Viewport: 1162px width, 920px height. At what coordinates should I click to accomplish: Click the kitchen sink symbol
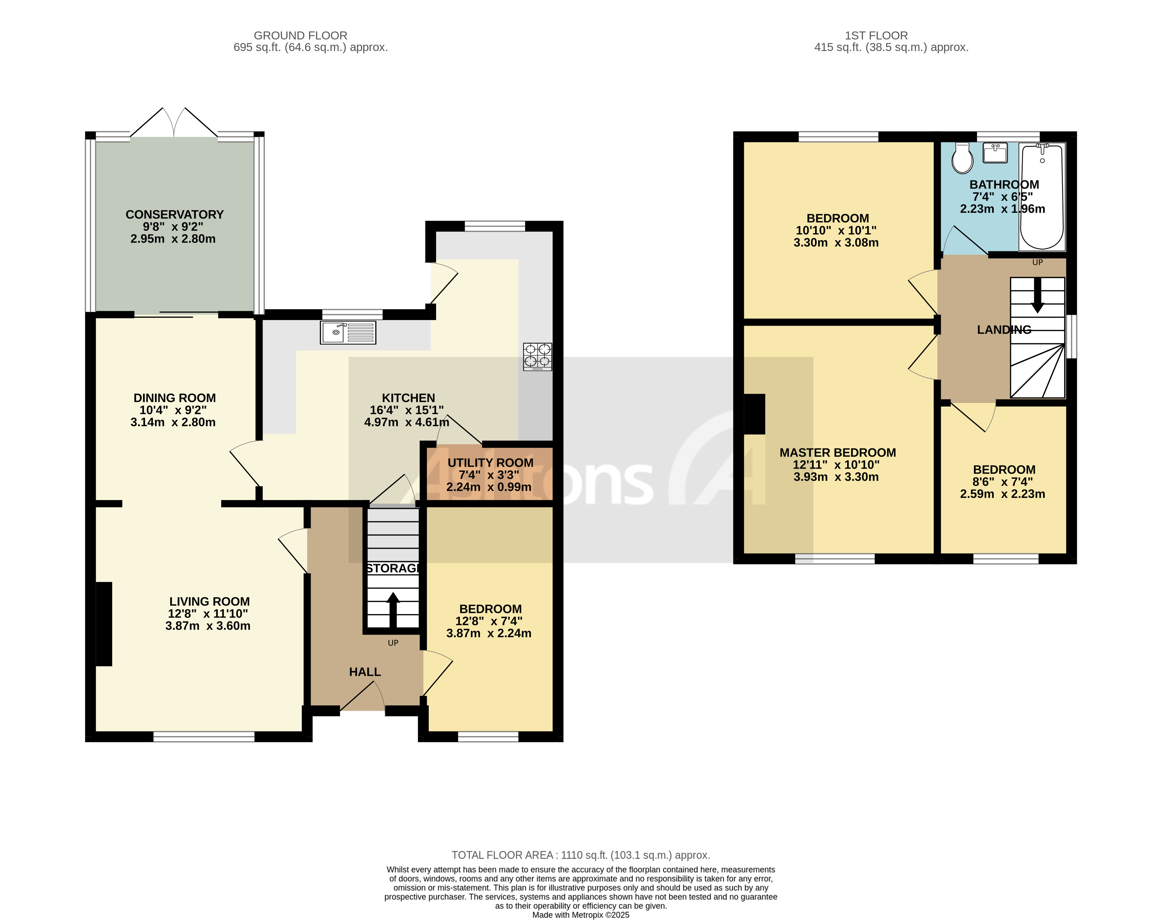point(348,332)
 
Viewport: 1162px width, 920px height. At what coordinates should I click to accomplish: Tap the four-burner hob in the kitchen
point(537,356)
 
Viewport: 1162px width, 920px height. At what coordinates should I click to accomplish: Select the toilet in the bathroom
point(962,158)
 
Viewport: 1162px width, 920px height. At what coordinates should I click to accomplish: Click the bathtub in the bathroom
point(1042,196)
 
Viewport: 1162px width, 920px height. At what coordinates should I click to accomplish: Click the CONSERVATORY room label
point(175,214)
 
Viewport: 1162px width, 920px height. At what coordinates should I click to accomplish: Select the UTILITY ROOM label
point(490,463)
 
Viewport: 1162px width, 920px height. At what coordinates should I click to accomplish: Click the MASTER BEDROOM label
point(838,453)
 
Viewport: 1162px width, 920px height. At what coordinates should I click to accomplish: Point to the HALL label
point(365,672)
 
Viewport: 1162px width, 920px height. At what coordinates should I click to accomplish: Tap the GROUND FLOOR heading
point(300,35)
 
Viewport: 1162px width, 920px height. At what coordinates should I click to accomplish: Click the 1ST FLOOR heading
point(876,35)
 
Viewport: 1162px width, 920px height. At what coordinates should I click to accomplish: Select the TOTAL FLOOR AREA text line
point(580,855)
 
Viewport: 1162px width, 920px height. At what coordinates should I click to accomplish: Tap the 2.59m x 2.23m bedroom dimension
point(1002,494)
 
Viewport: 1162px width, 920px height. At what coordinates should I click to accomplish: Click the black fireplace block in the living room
point(104,624)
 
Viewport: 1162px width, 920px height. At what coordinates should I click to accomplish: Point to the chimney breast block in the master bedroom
point(754,414)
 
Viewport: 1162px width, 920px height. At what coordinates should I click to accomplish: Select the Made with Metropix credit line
point(580,915)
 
